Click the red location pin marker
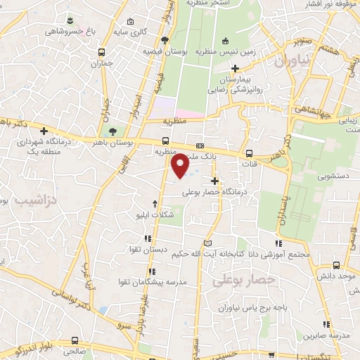pyautogui.click(x=181, y=166)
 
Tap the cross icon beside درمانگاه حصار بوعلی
pyautogui.click(x=214, y=181)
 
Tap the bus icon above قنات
pyautogui.click(x=250, y=154)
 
